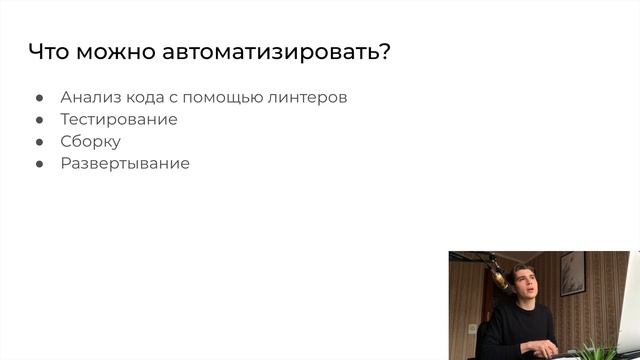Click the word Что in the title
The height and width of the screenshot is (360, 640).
[49, 53]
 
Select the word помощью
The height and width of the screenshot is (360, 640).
[235, 98]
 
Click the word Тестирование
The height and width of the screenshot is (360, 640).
[119, 120]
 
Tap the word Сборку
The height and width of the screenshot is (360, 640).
[90, 142]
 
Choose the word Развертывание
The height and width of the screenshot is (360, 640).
[124, 163]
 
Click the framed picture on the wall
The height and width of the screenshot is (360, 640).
[572, 273]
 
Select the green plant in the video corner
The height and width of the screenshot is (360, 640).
[600, 349]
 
